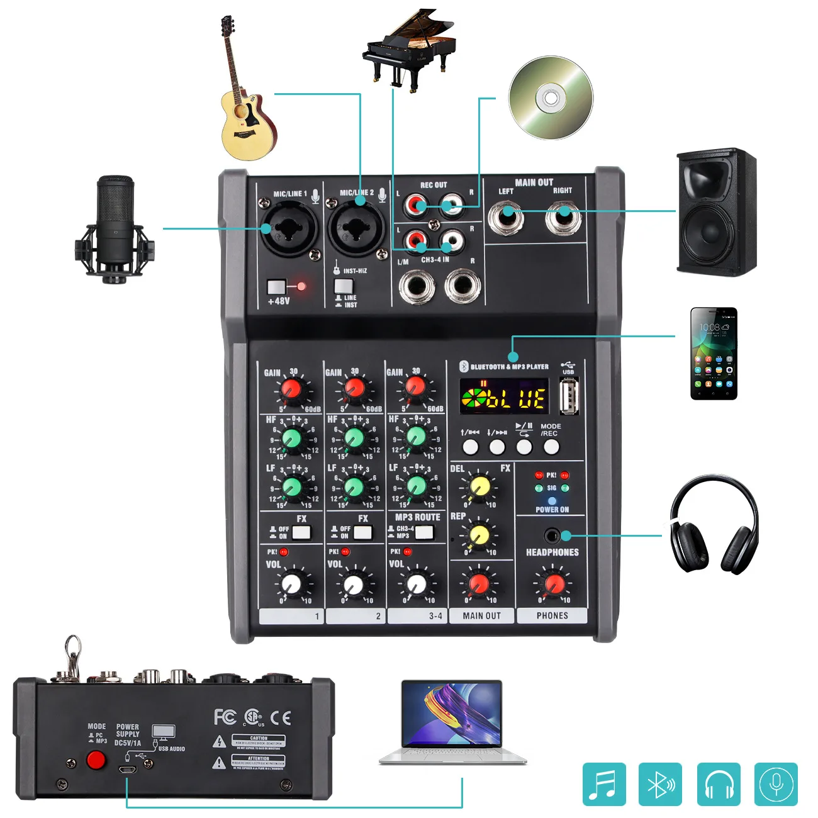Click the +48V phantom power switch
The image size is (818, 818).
276,288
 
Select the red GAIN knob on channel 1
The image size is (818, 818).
291,389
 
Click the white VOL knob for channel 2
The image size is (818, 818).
354,585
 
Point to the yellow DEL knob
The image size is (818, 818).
479,486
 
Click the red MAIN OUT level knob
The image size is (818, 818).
479,583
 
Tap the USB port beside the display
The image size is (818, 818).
569,398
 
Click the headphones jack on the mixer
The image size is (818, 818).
552,536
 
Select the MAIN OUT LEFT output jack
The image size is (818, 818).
507,218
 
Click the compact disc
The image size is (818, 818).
551,98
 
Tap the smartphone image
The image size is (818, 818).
714,353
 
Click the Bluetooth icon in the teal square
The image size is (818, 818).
660,784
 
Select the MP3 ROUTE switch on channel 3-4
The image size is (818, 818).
424,533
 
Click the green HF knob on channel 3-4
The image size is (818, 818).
416,436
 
